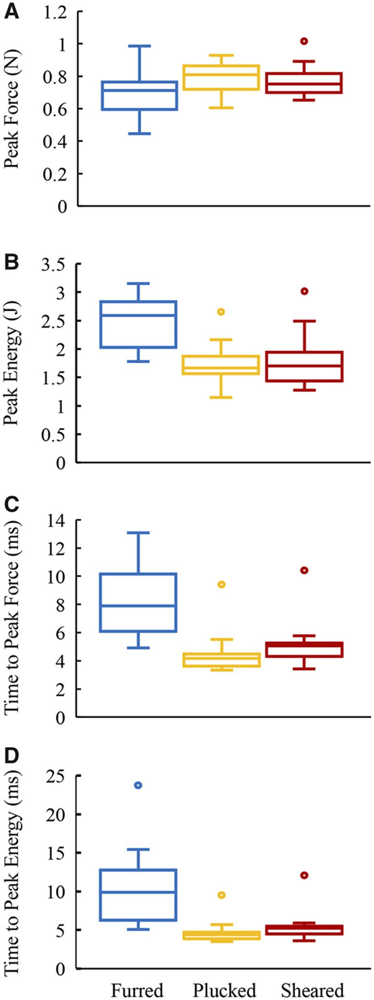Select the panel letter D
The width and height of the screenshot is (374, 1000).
click(x=11, y=755)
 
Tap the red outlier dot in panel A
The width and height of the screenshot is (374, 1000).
click(x=304, y=41)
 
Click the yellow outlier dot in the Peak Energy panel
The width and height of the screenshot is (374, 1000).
click(x=221, y=312)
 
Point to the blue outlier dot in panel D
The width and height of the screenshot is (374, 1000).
click(x=138, y=785)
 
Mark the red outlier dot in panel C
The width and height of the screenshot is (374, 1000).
click(x=304, y=570)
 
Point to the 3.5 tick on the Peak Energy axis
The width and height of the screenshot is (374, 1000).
click(x=53, y=264)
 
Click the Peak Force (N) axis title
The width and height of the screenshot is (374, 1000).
click(x=12, y=109)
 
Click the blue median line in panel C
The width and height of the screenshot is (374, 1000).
click(x=138, y=606)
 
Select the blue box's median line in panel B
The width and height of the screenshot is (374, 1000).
click(x=138, y=315)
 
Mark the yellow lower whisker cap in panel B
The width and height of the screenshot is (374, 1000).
click(x=221, y=397)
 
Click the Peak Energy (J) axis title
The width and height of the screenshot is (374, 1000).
click(x=12, y=363)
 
